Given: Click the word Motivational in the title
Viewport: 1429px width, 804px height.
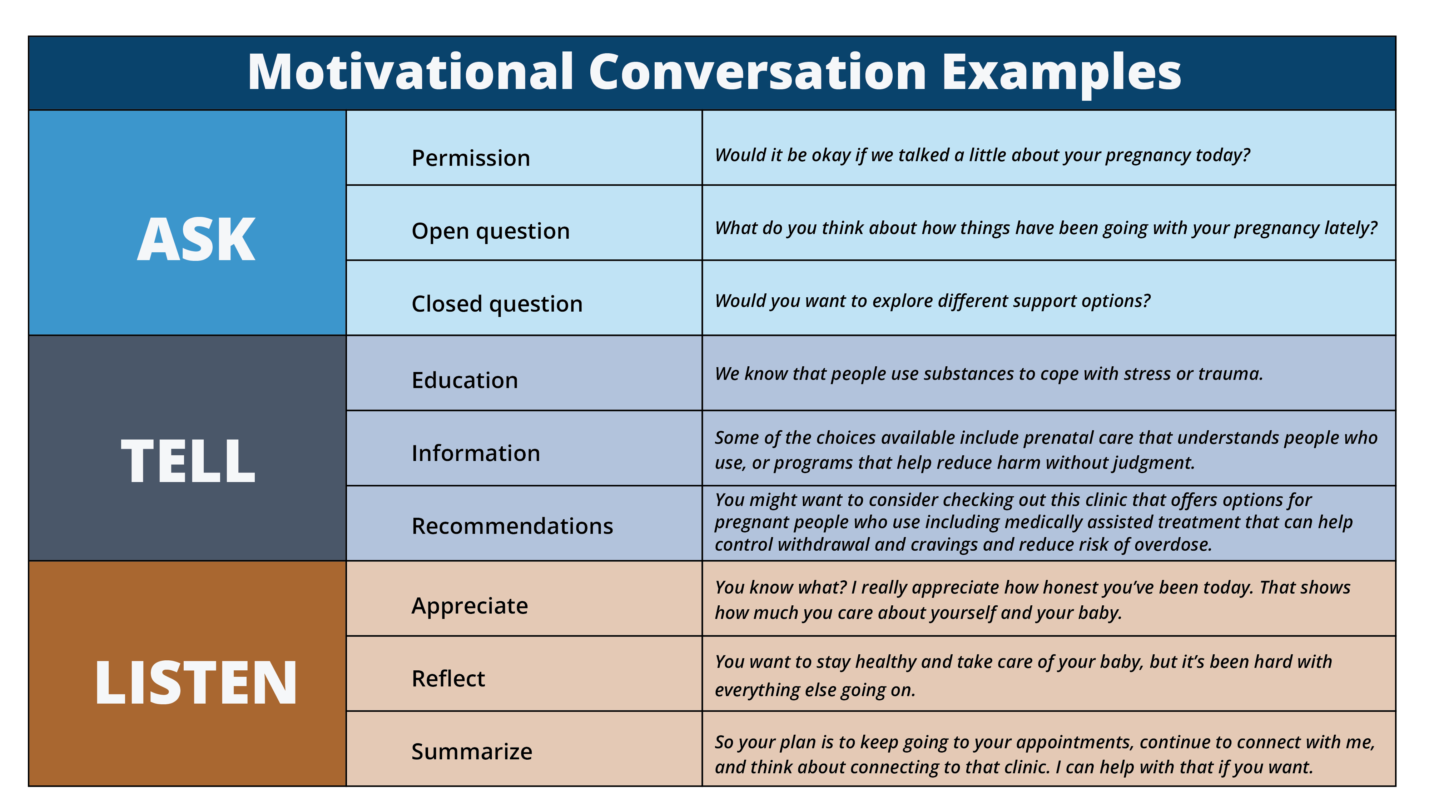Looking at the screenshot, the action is [411, 72].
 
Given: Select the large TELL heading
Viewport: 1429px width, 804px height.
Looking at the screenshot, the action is [188, 461].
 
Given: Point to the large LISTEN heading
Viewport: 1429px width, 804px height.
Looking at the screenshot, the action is [196, 683].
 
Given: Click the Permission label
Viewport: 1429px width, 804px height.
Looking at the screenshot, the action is [470, 158].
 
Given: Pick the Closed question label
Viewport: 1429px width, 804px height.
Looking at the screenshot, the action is [497, 304].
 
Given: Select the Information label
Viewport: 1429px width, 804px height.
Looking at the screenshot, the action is [475, 453].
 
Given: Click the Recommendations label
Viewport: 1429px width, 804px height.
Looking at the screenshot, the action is [512, 526].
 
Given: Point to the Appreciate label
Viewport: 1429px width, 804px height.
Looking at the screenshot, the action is [469, 606].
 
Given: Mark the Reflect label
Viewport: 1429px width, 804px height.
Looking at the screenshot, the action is [448, 679].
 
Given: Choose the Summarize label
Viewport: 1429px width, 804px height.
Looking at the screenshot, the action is [472, 752].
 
